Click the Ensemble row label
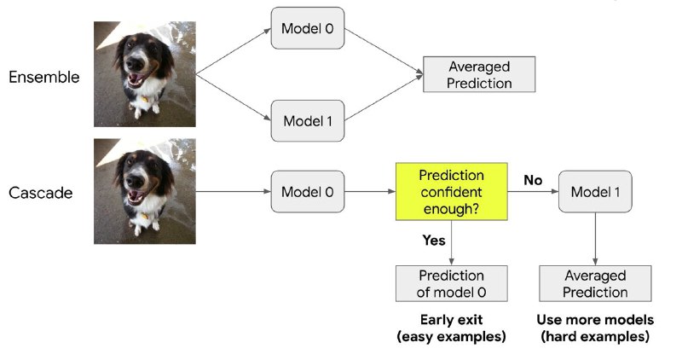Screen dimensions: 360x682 click(43, 78)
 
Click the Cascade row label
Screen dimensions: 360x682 click(40, 193)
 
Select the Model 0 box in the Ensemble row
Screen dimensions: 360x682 click(307, 30)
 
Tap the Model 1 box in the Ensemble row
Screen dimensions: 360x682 click(307, 120)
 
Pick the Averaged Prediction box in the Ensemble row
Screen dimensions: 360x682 click(479, 74)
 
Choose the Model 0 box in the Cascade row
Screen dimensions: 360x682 click(307, 192)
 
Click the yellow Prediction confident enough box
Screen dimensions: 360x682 click(451, 191)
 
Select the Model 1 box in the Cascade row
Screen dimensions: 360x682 click(594, 192)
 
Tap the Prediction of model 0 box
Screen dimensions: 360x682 click(451, 283)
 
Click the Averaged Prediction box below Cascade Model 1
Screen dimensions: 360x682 click(594, 283)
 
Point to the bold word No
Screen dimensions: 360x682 click(533, 181)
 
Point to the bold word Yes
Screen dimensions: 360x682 click(434, 241)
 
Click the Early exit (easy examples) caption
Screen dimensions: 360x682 click(451, 328)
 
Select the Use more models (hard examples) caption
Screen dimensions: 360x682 click(594, 328)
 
